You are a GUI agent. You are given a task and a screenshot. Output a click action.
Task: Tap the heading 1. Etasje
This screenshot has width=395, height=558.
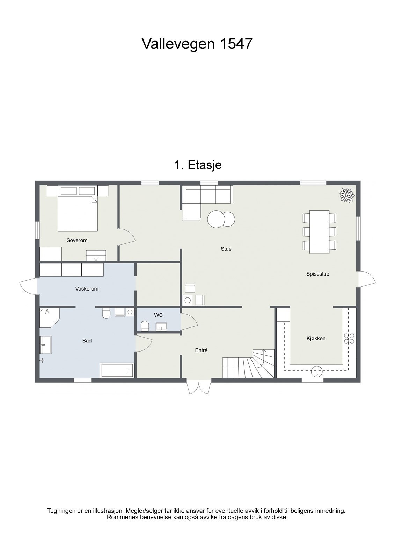[x=198, y=165]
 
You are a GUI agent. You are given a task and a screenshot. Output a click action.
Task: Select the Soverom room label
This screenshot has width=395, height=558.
[x=77, y=240]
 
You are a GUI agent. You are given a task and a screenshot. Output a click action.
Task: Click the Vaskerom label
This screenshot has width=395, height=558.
[x=87, y=289]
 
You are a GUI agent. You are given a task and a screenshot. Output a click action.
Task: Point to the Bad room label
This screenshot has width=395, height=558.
[x=87, y=341]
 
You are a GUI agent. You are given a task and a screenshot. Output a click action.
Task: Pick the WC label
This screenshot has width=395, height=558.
[x=159, y=315]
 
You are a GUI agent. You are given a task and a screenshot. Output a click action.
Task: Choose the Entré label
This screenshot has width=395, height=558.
[x=201, y=350]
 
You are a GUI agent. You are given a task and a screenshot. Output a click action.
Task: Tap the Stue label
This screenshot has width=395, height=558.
[x=226, y=249]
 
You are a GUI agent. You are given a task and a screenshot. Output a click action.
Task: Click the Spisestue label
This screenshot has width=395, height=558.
[x=317, y=274]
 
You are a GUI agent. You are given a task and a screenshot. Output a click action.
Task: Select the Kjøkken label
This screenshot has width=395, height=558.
[x=316, y=338]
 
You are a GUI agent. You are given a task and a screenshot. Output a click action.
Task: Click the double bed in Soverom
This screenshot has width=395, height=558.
[x=78, y=213]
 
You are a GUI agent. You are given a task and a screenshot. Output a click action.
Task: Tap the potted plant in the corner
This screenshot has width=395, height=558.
[x=347, y=195]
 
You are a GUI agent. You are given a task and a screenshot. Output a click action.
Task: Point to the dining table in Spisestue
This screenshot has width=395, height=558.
[x=320, y=232]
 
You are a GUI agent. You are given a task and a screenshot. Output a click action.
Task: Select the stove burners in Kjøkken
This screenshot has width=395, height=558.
[x=349, y=339]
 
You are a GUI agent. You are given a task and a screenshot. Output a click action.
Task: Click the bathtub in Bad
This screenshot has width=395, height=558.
[x=117, y=370]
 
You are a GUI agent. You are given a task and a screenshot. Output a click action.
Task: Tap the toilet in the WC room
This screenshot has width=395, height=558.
[x=145, y=326]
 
